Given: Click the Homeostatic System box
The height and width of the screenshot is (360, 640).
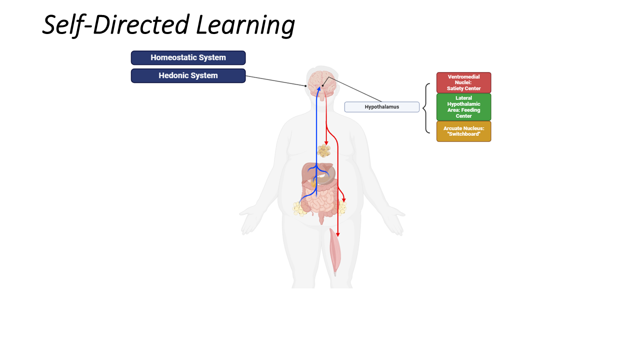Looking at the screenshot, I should (x=188, y=57).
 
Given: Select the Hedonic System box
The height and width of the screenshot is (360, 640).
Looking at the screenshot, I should (x=188, y=75).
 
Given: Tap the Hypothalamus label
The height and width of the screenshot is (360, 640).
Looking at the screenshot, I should (x=382, y=106).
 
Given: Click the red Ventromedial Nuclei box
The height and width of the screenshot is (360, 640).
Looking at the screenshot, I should (x=463, y=82).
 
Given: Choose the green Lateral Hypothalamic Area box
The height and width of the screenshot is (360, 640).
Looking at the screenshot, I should (x=463, y=107).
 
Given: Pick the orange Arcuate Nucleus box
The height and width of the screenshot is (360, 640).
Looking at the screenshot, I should (x=463, y=131).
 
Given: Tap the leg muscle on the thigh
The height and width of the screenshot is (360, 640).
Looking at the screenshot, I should (x=335, y=252).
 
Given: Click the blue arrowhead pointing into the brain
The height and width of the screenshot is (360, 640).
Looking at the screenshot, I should (x=316, y=88).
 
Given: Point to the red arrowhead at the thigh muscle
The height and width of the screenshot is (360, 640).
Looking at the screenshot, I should (x=337, y=234).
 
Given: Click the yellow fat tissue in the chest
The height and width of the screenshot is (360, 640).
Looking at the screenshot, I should (x=324, y=150).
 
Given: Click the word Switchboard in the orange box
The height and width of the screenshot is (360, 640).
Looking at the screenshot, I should (x=464, y=134).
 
